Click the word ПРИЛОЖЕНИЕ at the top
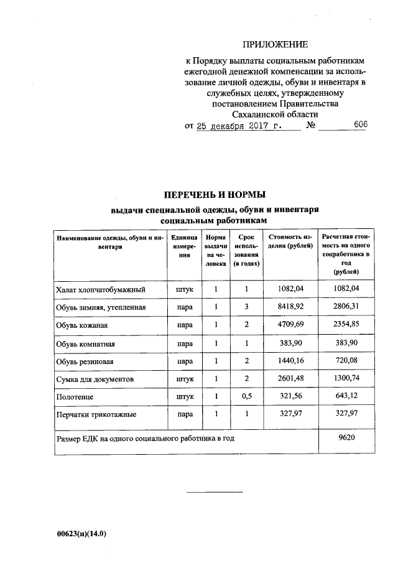[275, 44]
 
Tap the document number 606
[360, 124]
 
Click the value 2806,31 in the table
[346, 307]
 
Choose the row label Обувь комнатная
[85, 343]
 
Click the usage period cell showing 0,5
[246, 396]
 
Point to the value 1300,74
[346, 378]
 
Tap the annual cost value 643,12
[346, 396]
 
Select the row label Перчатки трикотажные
[96, 414]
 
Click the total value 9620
[346, 438]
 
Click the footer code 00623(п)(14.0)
[81, 534]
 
